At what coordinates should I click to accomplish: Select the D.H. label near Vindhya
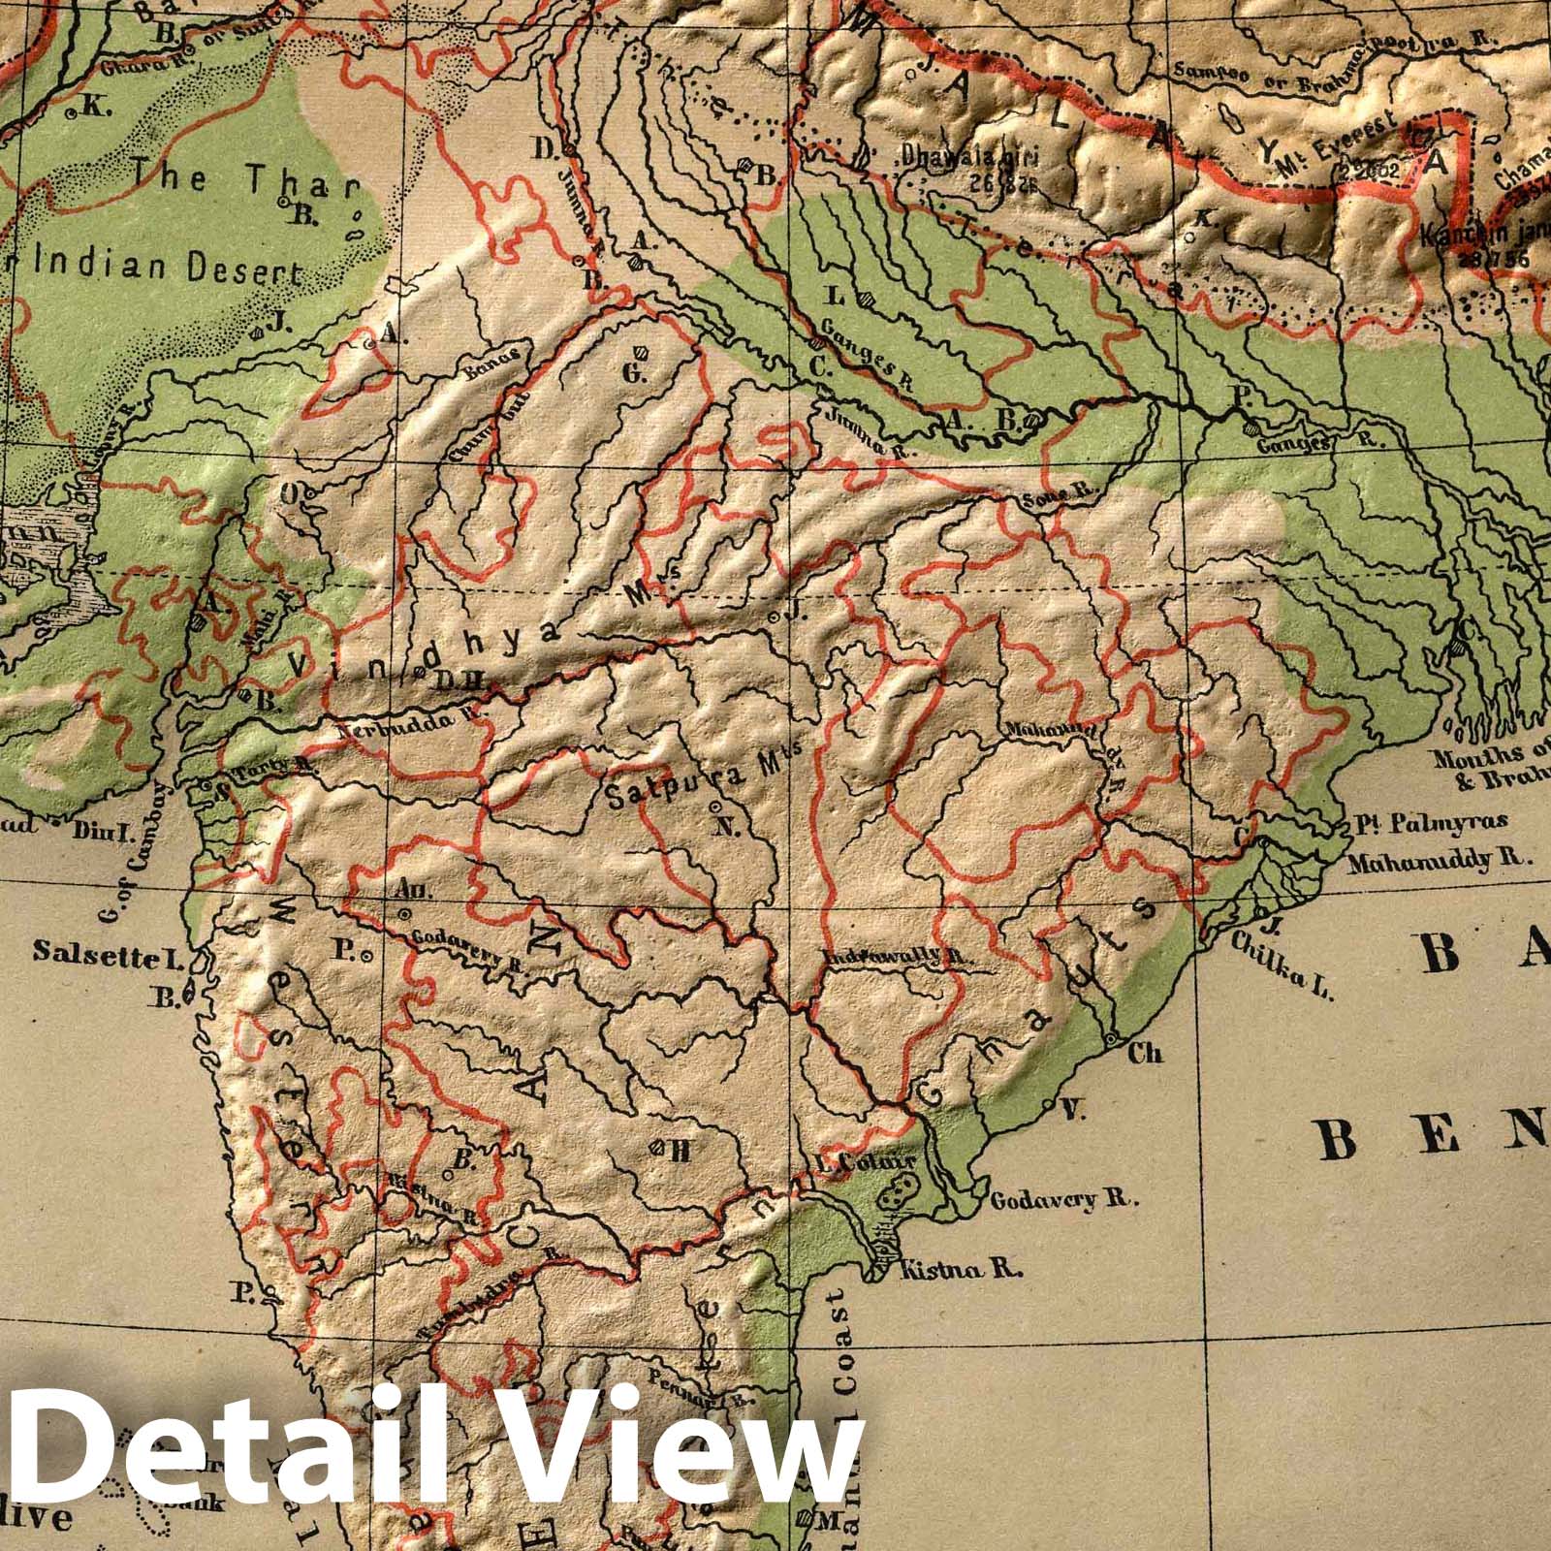452,680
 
